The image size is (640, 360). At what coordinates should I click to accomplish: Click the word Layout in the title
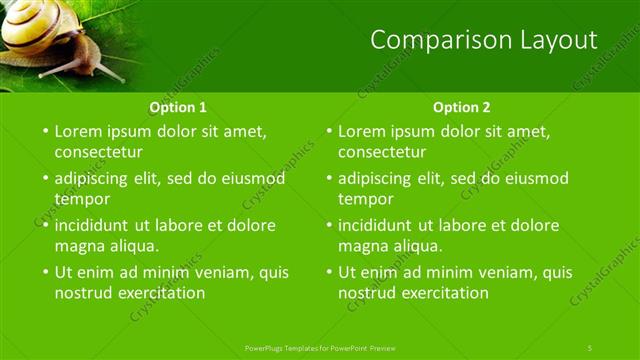[x=552, y=40]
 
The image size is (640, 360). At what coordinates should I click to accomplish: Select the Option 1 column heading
[x=178, y=107]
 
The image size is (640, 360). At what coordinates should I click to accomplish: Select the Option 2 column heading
[x=462, y=107]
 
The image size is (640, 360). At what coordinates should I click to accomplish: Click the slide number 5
[x=590, y=347]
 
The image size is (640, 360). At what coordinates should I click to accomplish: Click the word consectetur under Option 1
[x=98, y=152]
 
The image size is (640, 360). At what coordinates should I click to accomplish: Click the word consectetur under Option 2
[x=382, y=152]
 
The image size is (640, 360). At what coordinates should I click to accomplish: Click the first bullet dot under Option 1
[x=44, y=131]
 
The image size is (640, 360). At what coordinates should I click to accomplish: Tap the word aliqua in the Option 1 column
[x=133, y=245]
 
